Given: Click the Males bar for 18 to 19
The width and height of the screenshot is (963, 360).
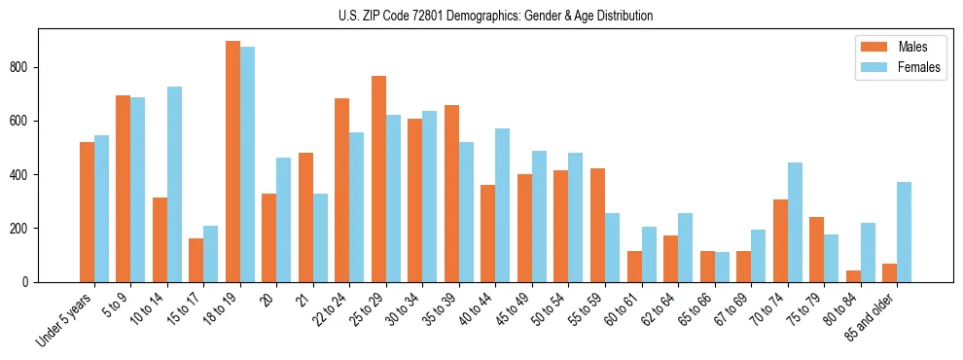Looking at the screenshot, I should tap(232, 162).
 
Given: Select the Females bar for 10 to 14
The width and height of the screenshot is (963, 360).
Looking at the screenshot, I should tap(174, 185).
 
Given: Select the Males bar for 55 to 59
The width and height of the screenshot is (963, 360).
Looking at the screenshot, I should tap(597, 225).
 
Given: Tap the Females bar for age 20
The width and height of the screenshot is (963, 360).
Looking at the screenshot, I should tap(284, 220).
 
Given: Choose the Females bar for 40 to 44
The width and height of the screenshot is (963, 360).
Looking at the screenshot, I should tap(503, 205).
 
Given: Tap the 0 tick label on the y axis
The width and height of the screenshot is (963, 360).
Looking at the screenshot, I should tap(29, 282).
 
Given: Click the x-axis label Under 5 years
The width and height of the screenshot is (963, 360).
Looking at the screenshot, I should tap(66, 319).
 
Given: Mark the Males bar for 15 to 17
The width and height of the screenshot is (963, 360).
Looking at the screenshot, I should tap(196, 260).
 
